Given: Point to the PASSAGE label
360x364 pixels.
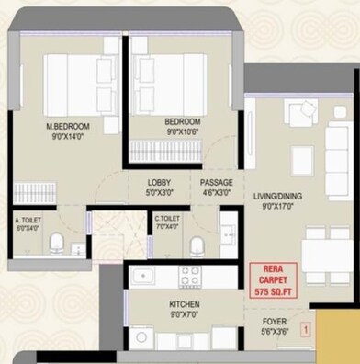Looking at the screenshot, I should pyautogui.click(x=216, y=181).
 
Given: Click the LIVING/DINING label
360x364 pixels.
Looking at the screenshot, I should pyautogui.click(x=276, y=196).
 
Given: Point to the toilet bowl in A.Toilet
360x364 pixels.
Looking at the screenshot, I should pyautogui.click(x=57, y=242).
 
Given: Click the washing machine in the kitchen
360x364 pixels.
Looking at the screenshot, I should pyautogui.click(x=141, y=337).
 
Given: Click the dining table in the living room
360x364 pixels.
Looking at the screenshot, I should pyautogui.click(x=325, y=252).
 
